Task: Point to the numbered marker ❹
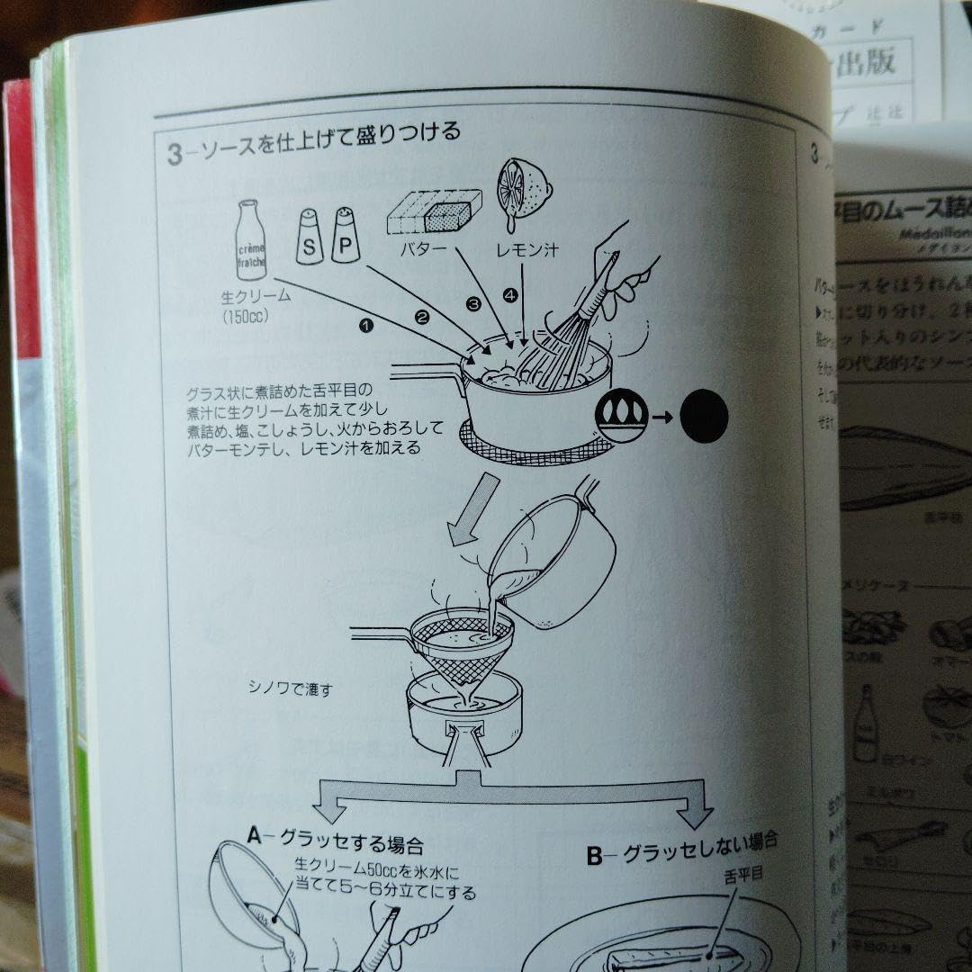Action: [510, 294]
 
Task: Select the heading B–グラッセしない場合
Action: [681, 851]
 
